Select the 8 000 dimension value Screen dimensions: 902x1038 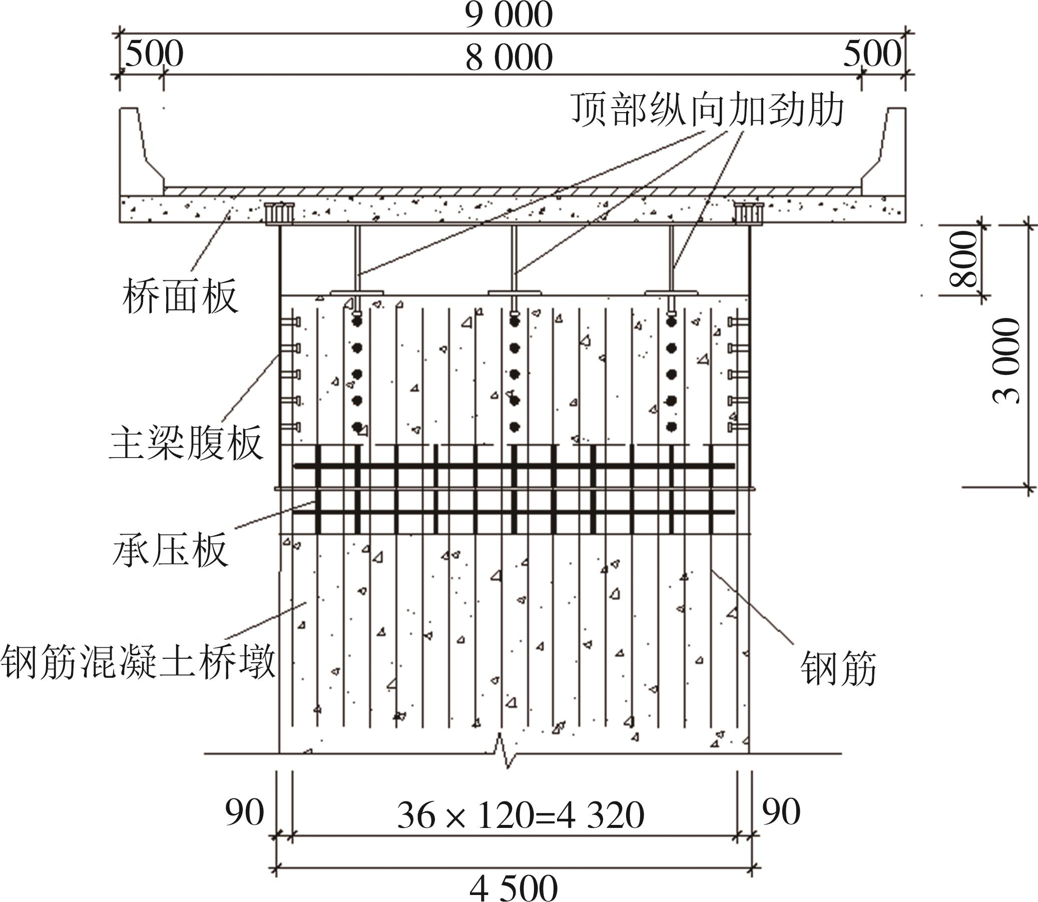(x=508, y=58)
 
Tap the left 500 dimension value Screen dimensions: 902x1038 (x=154, y=54)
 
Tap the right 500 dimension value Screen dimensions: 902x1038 (x=872, y=54)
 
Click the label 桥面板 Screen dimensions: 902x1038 (x=180, y=297)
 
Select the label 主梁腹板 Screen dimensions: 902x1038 (x=186, y=443)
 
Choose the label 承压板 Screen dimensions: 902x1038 (x=170, y=550)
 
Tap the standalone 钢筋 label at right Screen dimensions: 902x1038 (x=838, y=668)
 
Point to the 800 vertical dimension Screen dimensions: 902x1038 (x=962, y=259)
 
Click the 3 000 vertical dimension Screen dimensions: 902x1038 (x=1006, y=360)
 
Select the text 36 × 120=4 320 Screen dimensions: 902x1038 (x=521, y=815)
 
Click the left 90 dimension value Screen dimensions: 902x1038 (x=244, y=812)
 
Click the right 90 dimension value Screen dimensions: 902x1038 (x=781, y=812)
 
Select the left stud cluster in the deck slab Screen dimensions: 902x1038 (x=279, y=213)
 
